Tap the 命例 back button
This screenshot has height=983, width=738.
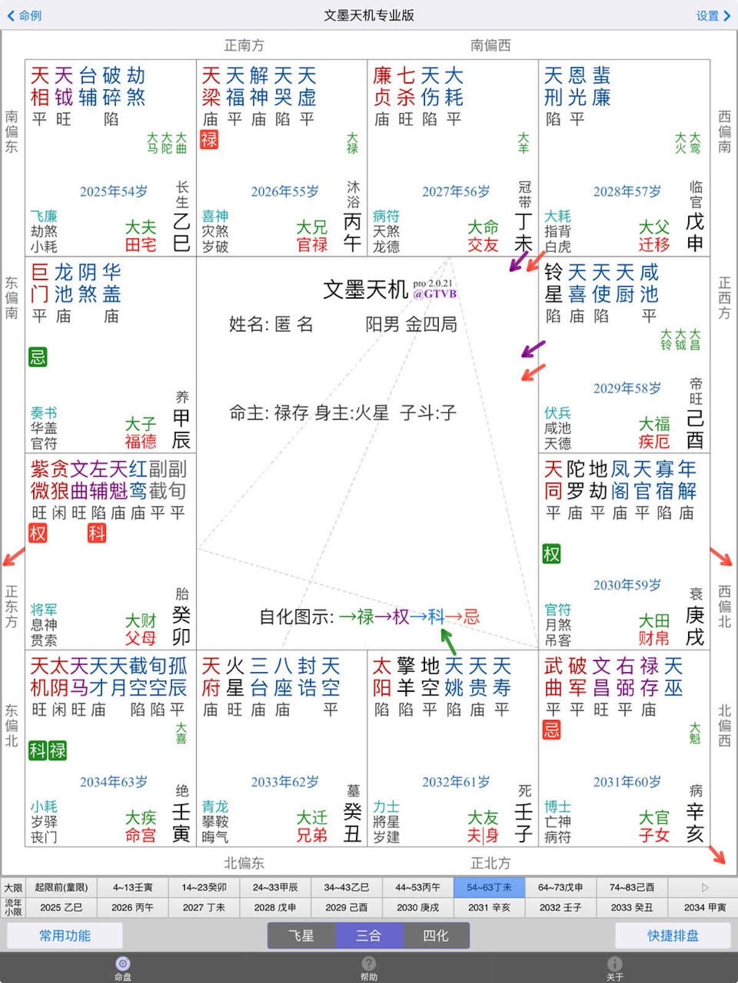tap(25, 15)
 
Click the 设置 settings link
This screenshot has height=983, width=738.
tap(712, 15)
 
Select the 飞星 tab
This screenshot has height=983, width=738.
tap(301, 936)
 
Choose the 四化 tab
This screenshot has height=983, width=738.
tap(435, 936)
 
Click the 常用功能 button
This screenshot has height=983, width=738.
tap(65, 936)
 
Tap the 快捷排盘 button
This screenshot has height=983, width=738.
tap(673, 936)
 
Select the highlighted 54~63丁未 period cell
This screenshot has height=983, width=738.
tap(489, 887)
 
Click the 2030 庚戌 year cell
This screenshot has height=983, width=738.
tap(418, 907)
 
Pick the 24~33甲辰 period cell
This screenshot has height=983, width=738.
tap(275, 887)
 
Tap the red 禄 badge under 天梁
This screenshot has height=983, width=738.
tap(209, 139)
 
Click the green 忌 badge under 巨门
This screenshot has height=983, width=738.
tap(38, 357)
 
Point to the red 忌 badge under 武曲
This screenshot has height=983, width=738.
tap(551, 730)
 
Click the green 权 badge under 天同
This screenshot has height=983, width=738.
tap(552, 554)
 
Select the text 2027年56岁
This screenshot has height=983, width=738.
tap(456, 192)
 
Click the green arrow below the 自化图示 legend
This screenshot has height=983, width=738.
tap(449, 641)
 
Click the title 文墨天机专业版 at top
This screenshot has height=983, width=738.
tap(369, 15)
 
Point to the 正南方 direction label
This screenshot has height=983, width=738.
tap(244, 45)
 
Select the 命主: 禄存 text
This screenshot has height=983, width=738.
tap(269, 413)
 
